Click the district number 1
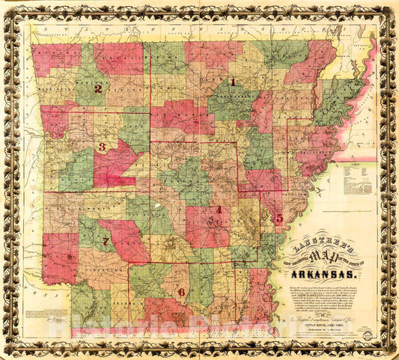pyautogui.click(x=232, y=82)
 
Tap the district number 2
pyautogui.click(x=97, y=88)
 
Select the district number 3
pyautogui.click(x=102, y=147)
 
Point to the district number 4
pyautogui.click(x=219, y=210)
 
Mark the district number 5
pyautogui.click(x=278, y=219)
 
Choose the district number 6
pyautogui.click(x=180, y=292)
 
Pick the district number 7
pyautogui.click(x=106, y=241)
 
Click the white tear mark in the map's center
pyautogui.click(x=156, y=204)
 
